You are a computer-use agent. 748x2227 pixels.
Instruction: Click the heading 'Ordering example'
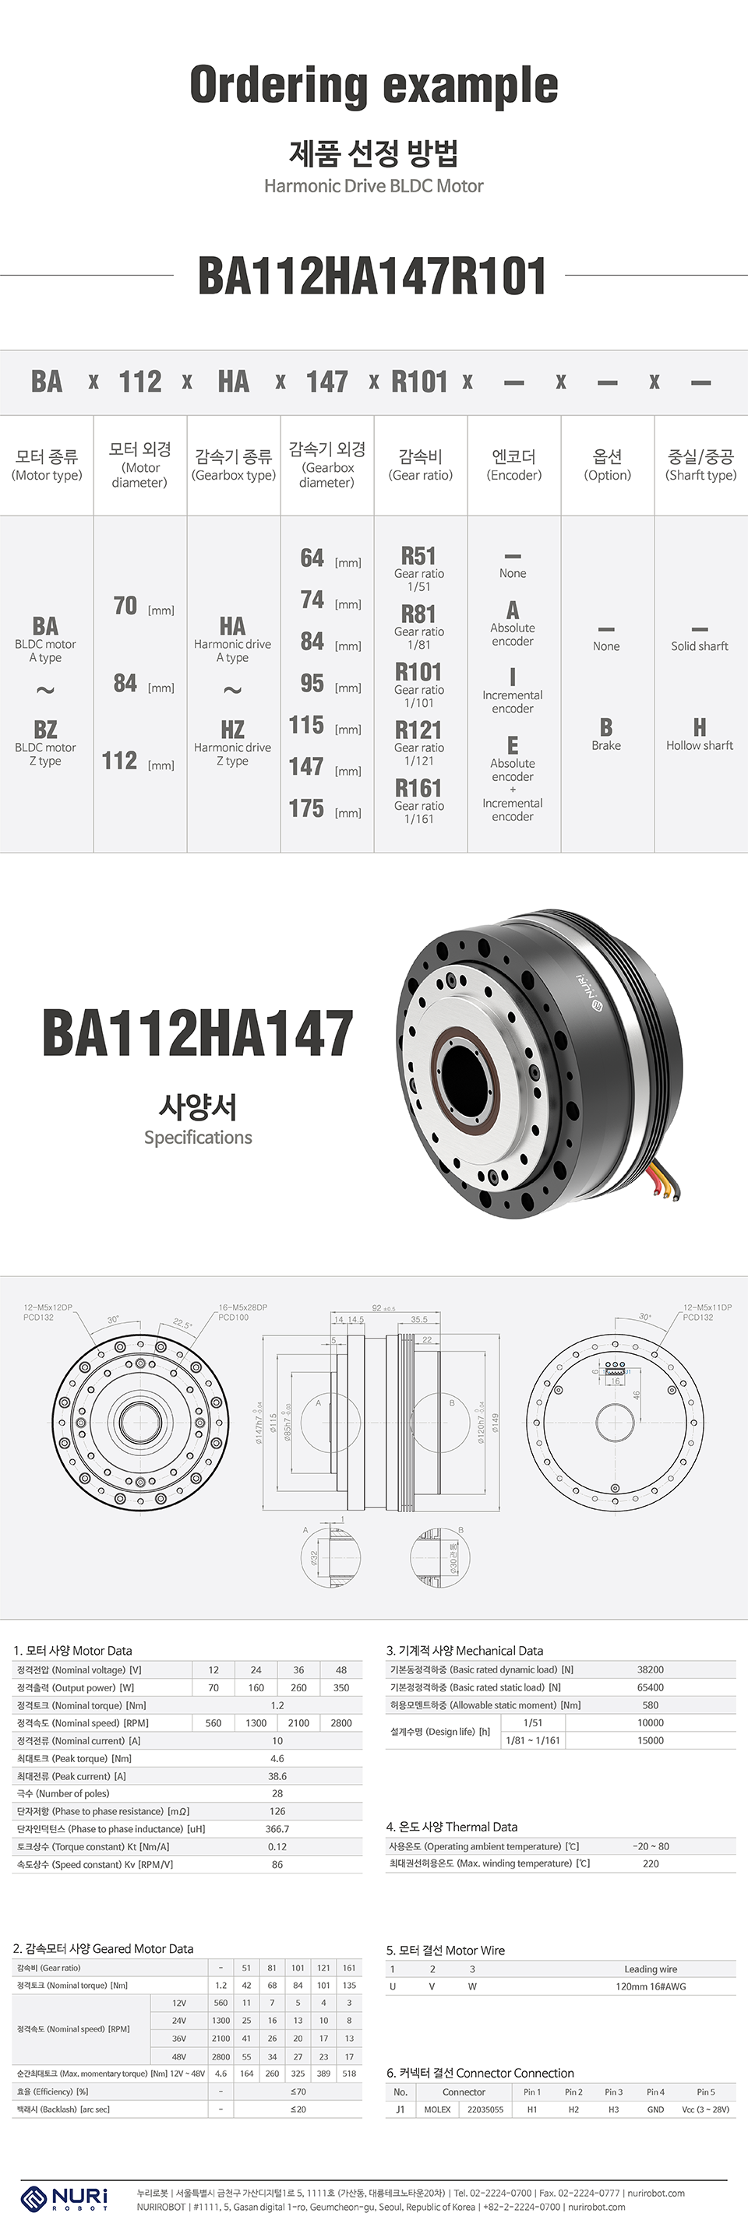coord(373,86)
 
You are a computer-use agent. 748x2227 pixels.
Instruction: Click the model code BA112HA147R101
coord(372,276)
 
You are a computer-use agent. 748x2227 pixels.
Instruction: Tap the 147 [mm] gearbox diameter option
coord(325,767)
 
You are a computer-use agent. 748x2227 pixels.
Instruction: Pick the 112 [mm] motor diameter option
coord(139,761)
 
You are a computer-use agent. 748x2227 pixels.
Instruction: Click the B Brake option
coord(606,734)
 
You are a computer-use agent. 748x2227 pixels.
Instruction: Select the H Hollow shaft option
coord(700,734)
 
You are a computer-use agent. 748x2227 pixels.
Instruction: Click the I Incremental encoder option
coord(513,691)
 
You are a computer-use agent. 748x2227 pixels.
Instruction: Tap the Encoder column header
coord(513,464)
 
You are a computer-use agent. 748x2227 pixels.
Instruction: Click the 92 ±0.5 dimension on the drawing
coord(383,1308)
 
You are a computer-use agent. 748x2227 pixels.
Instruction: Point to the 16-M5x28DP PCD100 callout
coord(242,1312)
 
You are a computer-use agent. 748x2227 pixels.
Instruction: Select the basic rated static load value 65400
coord(651,1687)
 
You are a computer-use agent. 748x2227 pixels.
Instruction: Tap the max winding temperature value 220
coord(651,1863)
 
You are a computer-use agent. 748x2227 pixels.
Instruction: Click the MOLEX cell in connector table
coord(438,2109)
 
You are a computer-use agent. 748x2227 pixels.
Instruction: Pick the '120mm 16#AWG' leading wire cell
coord(651,1986)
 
